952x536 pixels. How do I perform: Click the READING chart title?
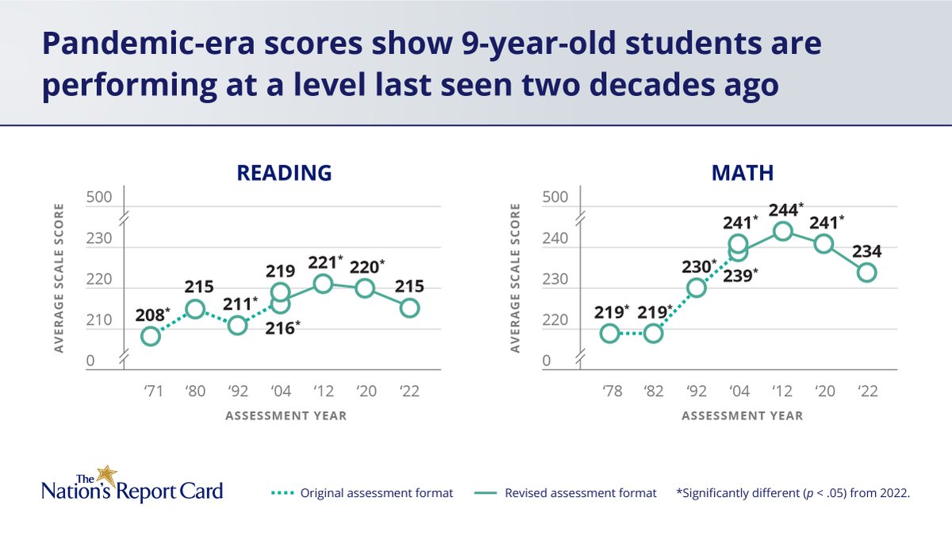point(284,173)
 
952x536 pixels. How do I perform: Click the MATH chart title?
point(742,173)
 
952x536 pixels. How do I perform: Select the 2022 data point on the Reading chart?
point(409,308)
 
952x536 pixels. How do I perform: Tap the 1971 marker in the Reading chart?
point(151,336)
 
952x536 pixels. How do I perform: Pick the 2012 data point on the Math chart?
point(782,231)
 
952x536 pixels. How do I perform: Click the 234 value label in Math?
point(867,252)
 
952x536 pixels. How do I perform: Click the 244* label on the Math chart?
point(785,210)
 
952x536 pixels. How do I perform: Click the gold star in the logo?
point(106,476)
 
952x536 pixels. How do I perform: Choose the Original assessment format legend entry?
point(365,493)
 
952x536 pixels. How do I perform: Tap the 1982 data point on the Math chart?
point(653,334)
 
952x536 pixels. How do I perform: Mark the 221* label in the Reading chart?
point(325,262)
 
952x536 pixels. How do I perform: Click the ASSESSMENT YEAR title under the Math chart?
point(742,416)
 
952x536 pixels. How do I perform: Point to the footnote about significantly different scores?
point(793,493)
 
